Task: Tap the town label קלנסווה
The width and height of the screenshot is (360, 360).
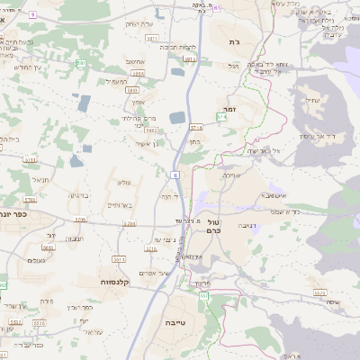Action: click(x=115, y=282)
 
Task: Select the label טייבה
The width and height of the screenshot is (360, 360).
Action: click(x=175, y=321)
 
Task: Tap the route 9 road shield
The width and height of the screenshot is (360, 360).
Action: click(x=32, y=15)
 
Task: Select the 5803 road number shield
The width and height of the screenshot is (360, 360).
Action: click(x=132, y=90)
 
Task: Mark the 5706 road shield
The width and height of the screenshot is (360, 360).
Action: click(x=80, y=219)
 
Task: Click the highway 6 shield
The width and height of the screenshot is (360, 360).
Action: click(x=174, y=174)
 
